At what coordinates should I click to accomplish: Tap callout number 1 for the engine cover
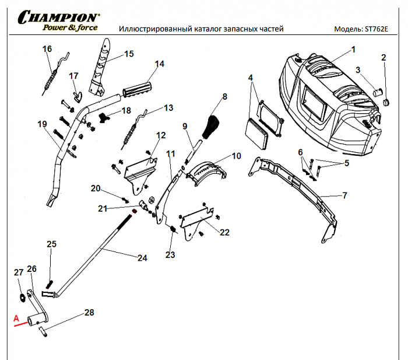tap(353, 50)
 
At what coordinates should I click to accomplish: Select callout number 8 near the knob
tap(224, 96)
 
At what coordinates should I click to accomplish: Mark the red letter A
tap(16, 318)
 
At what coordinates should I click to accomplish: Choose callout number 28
tap(89, 313)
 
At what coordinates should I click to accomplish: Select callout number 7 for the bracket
tap(344, 195)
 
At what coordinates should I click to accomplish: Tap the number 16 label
tap(47, 48)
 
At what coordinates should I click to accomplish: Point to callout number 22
tap(224, 232)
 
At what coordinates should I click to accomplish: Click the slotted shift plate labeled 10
tap(207, 170)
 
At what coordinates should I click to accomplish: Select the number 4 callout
tap(251, 78)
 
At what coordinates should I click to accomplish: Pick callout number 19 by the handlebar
tap(41, 124)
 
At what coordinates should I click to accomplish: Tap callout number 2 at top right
tap(384, 57)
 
